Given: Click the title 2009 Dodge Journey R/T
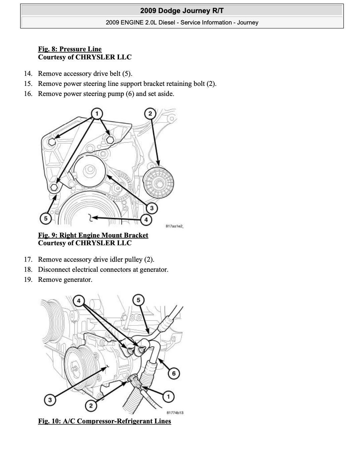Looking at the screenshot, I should pyautogui.click(x=182, y=11).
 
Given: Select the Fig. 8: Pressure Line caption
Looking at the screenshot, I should pyautogui.click(x=70, y=49).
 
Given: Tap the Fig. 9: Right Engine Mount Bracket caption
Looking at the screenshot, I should pyautogui.click(x=93, y=235).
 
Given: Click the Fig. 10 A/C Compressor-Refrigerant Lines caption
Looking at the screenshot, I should pyautogui.click(x=104, y=421).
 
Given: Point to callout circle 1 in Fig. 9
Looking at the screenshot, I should pyautogui.click(x=97, y=113).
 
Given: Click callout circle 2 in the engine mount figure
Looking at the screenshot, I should pyautogui.click(x=150, y=113).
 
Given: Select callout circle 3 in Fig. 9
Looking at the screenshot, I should pyautogui.click(x=152, y=208).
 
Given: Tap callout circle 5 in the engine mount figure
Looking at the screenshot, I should pyautogui.click(x=46, y=219).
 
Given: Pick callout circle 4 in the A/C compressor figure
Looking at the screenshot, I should pyautogui.click(x=79, y=301).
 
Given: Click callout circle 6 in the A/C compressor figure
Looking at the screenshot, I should pyautogui.click(x=174, y=373).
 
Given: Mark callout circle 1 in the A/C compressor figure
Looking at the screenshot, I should pyautogui.click(x=168, y=397).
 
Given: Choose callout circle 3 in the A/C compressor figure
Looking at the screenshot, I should pyautogui.click(x=50, y=400).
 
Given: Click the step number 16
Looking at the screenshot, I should pyautogui.click(x=28, y=94).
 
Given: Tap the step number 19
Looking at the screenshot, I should pyautogui.click(x=28, y=279).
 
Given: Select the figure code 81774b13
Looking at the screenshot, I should pyautogui.click(x=175, y=413).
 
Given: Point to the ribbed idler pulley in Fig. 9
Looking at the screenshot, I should pyautogui.click(x=158, y=183).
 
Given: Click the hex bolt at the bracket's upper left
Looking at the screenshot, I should pyautogui.click(x=52, y=142).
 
